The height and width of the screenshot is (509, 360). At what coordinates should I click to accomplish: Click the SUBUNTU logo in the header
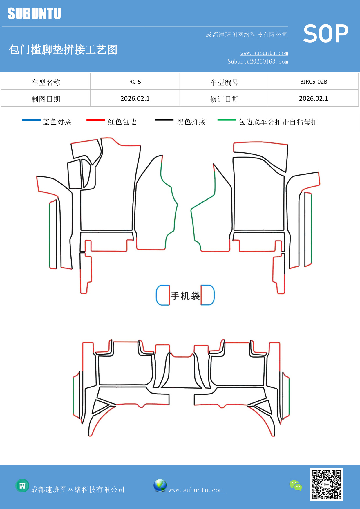coord(34,14)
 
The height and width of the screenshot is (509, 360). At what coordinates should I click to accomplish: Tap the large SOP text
coord(326,34)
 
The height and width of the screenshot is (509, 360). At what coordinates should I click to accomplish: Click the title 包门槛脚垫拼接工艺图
coord(63,50)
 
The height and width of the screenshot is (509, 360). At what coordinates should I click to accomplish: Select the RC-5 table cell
coord(135,82)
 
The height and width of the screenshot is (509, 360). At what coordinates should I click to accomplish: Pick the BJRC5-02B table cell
coord(313,82)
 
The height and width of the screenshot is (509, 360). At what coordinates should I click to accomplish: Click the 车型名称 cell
coord(46,82)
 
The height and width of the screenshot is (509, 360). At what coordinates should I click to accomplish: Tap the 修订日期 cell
coord(224,99)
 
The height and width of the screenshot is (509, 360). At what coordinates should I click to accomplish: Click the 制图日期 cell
coord(46,99)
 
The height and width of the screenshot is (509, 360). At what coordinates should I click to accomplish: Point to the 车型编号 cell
coord(224,82)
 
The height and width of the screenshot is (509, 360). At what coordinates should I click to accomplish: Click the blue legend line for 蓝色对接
coord(31,120)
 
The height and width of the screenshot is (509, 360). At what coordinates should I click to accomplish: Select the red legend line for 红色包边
coord(95,120)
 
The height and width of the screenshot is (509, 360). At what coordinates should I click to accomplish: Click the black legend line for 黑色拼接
coord(164,120)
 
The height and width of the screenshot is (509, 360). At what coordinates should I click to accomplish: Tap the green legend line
coord(227,120)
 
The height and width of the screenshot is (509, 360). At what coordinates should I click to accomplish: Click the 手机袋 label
coord(185,296)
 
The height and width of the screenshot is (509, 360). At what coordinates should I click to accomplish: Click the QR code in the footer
coord(326,484)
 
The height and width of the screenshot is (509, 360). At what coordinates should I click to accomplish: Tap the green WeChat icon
coord(296,485)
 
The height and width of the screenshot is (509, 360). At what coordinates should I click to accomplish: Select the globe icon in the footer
coord(160,485)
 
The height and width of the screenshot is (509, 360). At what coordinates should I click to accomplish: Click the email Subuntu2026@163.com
coord(258,62)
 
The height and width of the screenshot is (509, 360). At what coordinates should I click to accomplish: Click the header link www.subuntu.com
coord(264,53)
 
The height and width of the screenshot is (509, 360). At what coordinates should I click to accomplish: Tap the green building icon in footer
coord(22,485)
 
